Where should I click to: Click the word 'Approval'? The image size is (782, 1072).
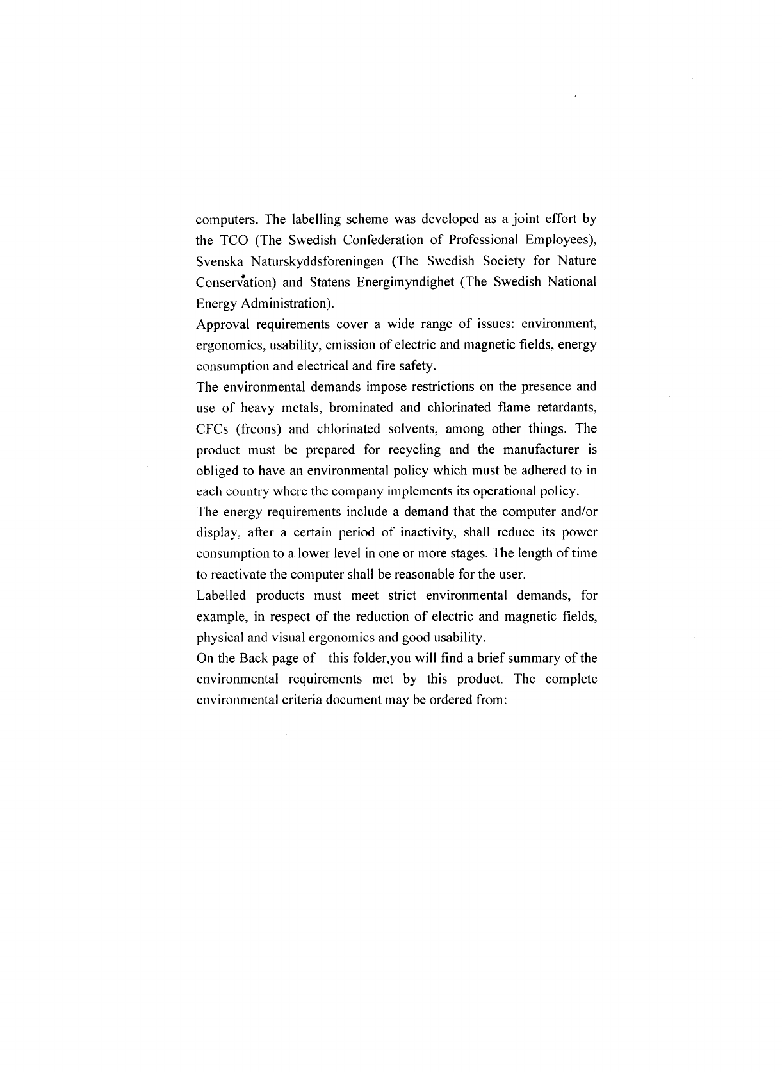click(220, 324)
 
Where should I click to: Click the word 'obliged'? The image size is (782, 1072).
click(216, 470)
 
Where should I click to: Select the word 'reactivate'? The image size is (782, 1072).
click(240, 574)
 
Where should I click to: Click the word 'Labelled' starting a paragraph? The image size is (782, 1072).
click(220, 595)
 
